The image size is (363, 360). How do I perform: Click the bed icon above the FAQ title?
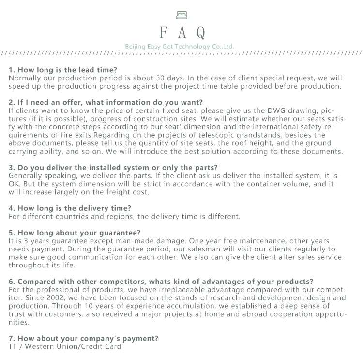click(181, 16)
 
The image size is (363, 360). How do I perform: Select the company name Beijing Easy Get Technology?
click(180, 47)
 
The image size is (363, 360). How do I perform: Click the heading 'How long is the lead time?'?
click(63, 70)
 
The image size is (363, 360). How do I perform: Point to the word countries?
click(67, 217)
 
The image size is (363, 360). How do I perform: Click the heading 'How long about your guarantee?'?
click(75, 233)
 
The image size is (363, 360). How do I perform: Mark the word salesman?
click(195, 249)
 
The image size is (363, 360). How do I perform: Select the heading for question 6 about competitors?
click(161, 282)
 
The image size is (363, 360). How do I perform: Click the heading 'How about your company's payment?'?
click(83, 339)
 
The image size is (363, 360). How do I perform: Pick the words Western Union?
click(49, 347)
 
